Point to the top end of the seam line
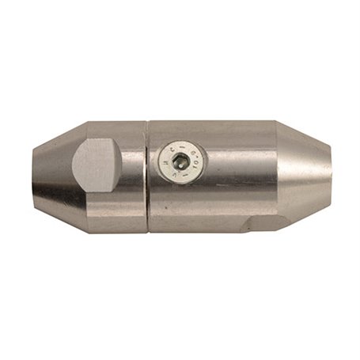(146, 122)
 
